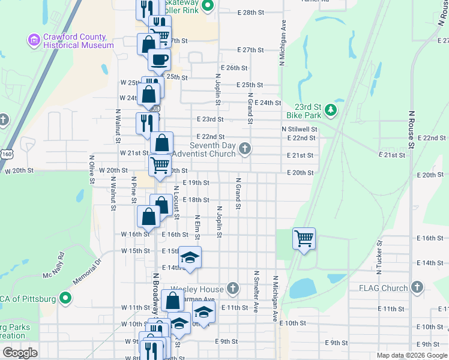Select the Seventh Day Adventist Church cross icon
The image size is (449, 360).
244,148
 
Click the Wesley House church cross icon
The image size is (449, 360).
233,289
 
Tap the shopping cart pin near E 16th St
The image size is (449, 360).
304,238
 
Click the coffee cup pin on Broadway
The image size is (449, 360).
159,60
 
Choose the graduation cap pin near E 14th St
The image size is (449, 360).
190,257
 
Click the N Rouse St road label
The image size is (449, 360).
412,128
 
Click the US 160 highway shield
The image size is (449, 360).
7,154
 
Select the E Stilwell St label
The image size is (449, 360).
299,129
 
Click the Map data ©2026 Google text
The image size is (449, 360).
411,355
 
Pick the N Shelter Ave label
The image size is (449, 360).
256,292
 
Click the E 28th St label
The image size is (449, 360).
250,12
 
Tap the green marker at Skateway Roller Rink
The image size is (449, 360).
208,7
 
